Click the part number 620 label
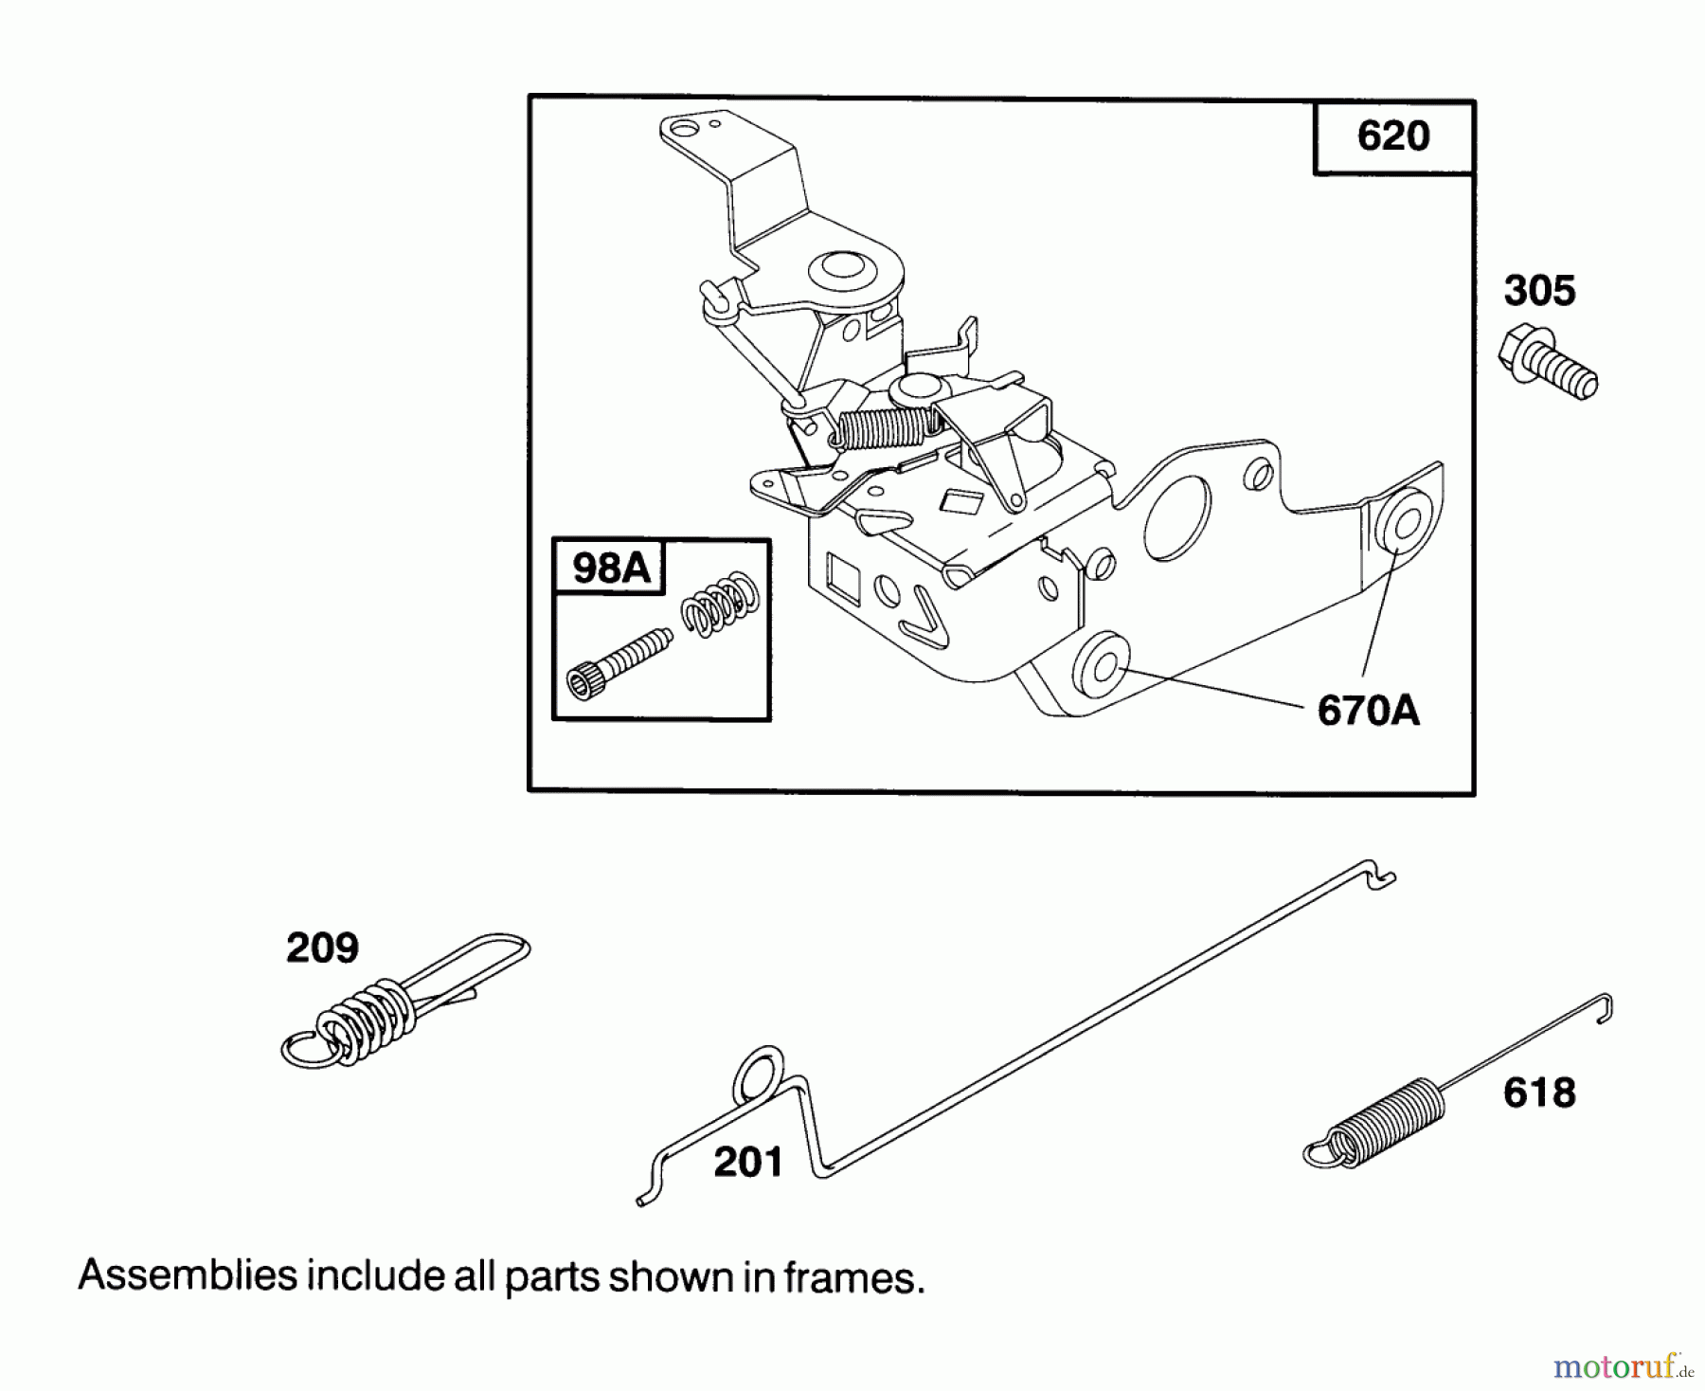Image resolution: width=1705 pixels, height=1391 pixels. pos(1392,136)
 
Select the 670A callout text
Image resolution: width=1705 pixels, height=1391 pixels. pos(1368,710)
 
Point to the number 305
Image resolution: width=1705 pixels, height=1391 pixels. pos(1539,291)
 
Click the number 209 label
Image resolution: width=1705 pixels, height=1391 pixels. pos(322,948)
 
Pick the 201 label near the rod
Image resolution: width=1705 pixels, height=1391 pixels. pos(748,1162)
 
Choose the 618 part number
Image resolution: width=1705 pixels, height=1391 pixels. pos(1539,1093)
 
